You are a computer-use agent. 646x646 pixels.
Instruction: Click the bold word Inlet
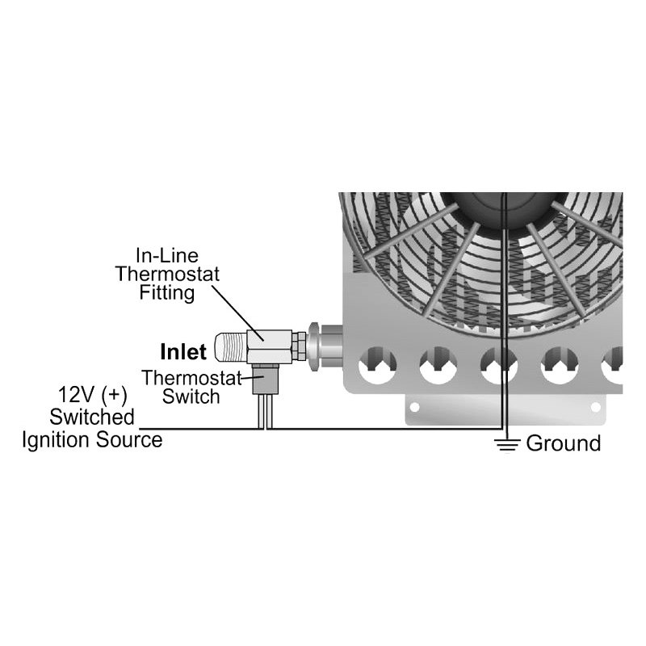183,352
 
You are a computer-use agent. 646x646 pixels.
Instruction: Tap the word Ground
564,443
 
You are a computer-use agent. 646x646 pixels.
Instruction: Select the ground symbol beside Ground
506,443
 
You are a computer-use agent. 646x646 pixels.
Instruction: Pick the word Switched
92,417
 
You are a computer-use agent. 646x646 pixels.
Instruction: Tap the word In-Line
167,256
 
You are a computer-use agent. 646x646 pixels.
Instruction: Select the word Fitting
166,292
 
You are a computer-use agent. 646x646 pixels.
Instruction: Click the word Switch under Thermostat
191,396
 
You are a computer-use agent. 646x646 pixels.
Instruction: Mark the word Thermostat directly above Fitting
167,274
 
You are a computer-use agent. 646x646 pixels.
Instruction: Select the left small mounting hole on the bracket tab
415,408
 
